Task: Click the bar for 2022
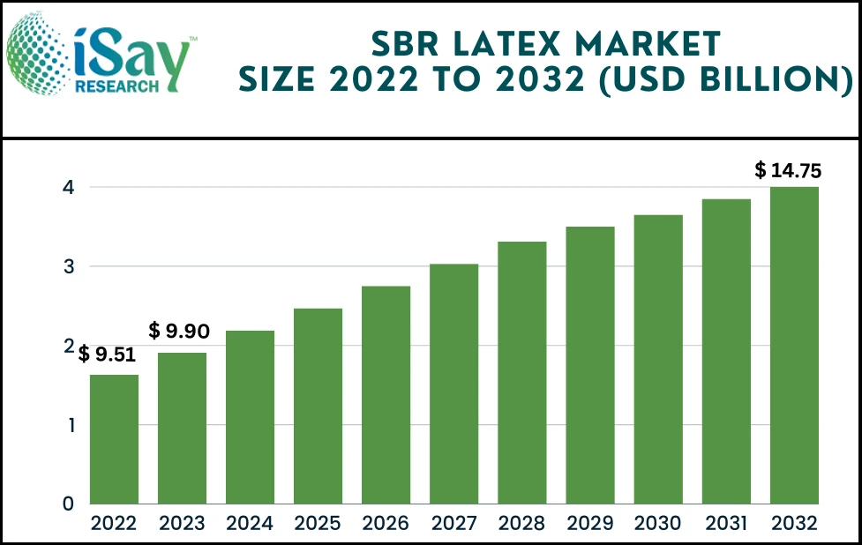[114, 439]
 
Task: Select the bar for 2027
[453, 384]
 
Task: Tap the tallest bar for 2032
[794, 345]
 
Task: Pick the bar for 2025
[318, 406]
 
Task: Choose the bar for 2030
[658, 359]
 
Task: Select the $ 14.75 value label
[787, 171]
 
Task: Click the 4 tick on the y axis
[67, 187]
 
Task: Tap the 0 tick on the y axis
[67, 504]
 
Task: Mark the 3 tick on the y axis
[67, 266]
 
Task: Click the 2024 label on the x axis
[250, 524]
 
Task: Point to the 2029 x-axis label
[590, 524]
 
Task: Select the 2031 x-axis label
[726, 524]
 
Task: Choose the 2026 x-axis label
[386, 524]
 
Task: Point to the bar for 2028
[521, 372]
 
